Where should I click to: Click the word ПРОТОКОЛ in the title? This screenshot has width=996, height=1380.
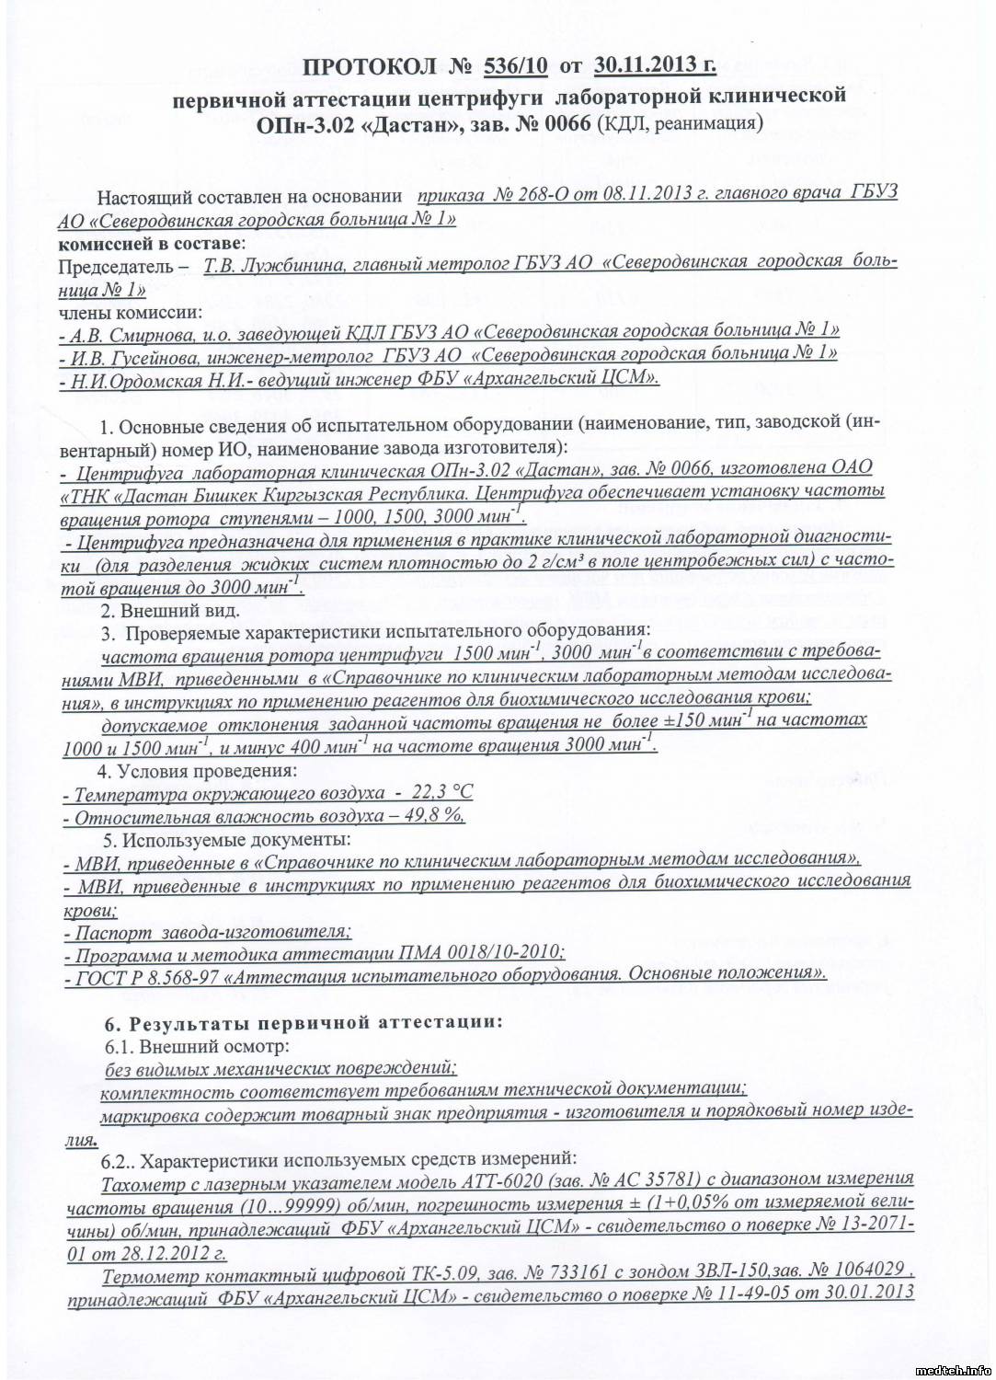point(370,66)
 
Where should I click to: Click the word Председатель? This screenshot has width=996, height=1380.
point(115,266)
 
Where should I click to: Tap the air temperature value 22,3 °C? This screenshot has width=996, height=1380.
point(442,793)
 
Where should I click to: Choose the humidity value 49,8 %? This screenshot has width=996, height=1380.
point(434,816)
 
